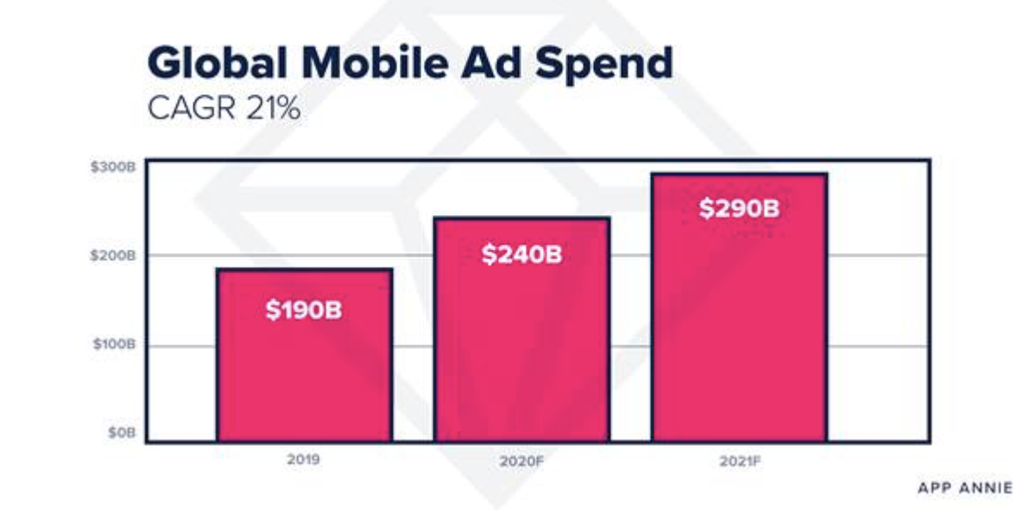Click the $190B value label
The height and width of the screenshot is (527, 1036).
pyautogui.click(x=303, y=310)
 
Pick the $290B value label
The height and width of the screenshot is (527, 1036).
pyautogui.click(x=739, y=208)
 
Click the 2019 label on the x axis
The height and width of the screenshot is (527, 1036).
pyautogui.click(x=303, y=460)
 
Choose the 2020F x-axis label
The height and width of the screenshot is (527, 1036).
pyautogui.click(x=521, y=461)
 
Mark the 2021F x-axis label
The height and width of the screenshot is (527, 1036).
pyautogui.click(x=739, y=461)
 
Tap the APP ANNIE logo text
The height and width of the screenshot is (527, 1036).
pyautogui.click(x=964, y=488)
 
